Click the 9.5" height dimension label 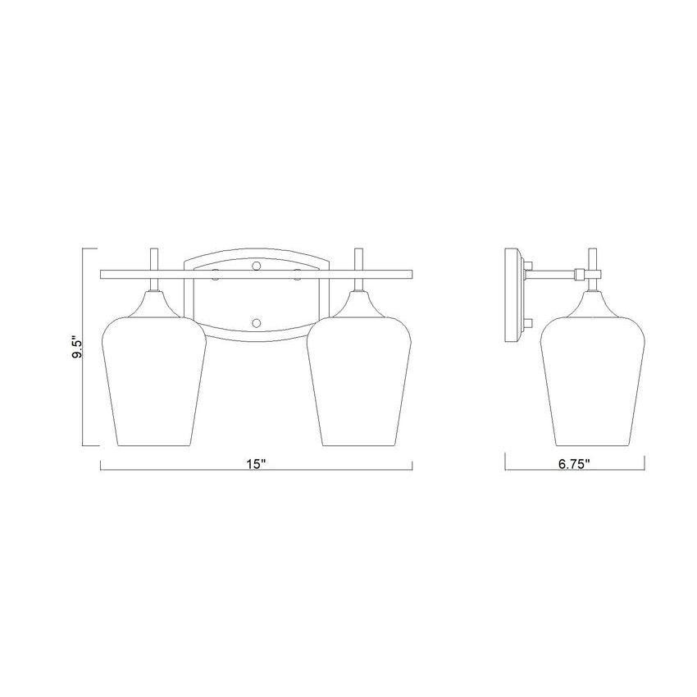click(x=78, y=348)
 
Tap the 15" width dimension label click(x=256, y=464)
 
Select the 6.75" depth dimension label click(x=574, y=464)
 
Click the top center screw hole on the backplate click(x=256, y=266)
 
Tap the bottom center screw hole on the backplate click(x=256, y=323)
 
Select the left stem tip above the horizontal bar click(x=154, y=248)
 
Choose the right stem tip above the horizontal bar click(x=359, y=248)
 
